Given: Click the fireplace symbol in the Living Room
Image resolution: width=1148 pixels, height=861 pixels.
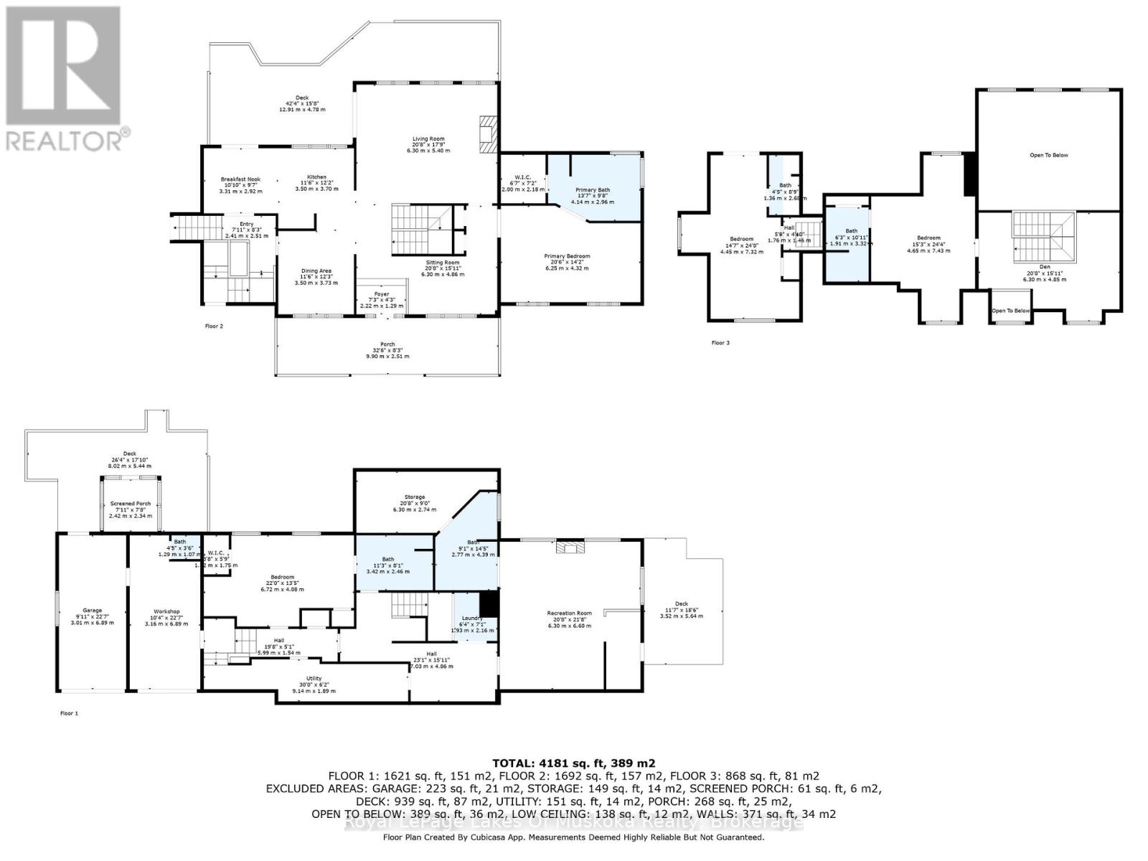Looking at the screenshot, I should [x=487, y=135].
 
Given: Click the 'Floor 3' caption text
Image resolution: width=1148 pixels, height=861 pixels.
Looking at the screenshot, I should [x=720, y=343].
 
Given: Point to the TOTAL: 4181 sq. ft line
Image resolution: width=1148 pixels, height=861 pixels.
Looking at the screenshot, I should [x=573, y=763].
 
